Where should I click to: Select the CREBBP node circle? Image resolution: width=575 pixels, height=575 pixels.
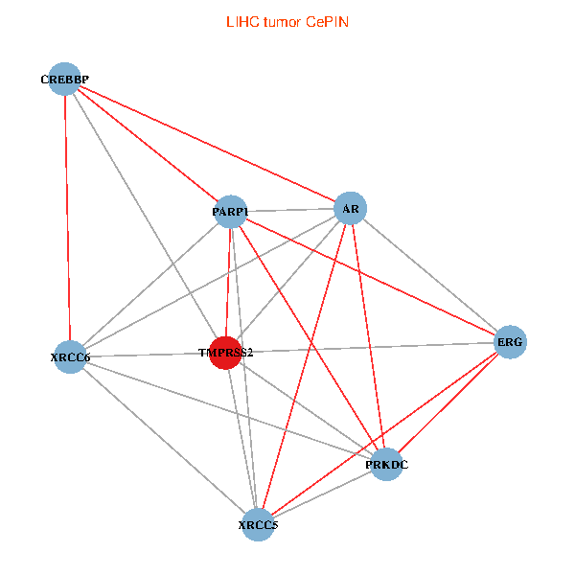64,79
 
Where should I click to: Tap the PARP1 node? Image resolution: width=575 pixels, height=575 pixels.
231,212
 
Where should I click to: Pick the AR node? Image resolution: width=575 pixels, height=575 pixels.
350,208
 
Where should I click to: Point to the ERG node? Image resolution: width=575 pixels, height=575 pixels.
510,342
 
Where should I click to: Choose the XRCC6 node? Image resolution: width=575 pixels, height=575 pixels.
71,356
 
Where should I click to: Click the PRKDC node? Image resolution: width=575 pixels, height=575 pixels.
385,465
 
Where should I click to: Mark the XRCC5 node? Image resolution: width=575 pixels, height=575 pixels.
257,524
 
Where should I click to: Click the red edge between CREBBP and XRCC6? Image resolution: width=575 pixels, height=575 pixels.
67,218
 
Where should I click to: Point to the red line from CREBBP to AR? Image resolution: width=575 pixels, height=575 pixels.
207,144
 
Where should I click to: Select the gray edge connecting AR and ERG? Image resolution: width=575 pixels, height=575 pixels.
429,275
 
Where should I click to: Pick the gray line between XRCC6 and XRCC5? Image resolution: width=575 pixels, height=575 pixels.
164,441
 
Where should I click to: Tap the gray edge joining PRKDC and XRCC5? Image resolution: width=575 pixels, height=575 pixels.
321,494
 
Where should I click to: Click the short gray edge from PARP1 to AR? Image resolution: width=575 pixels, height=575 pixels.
290,210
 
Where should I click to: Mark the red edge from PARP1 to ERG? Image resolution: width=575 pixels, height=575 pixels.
370,277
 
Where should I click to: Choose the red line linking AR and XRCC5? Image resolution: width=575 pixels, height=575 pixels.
303,366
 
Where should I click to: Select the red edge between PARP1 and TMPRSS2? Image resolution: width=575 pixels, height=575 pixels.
228,282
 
